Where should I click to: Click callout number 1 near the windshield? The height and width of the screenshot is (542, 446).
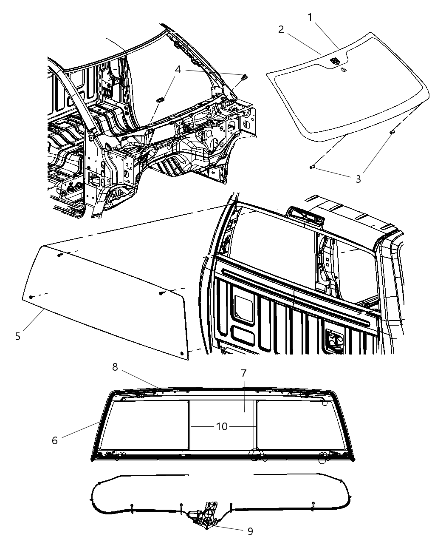point(310,17)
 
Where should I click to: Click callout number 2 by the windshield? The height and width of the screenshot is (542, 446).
point(281,29)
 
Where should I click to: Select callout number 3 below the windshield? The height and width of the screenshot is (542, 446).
point(358,179)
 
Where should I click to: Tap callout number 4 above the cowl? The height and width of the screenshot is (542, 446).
point(178,69)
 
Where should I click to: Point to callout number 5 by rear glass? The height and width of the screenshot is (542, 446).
point(17,336)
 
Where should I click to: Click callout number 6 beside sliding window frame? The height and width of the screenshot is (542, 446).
point(54,440)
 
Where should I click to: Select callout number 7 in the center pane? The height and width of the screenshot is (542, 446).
point(244,373)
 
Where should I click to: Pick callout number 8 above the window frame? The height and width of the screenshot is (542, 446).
point(115,367)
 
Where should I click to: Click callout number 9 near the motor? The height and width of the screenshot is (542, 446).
point(250,531)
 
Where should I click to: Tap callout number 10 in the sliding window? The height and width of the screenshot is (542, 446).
point(222,426)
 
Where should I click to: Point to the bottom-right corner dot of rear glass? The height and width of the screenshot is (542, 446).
point(183,353)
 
